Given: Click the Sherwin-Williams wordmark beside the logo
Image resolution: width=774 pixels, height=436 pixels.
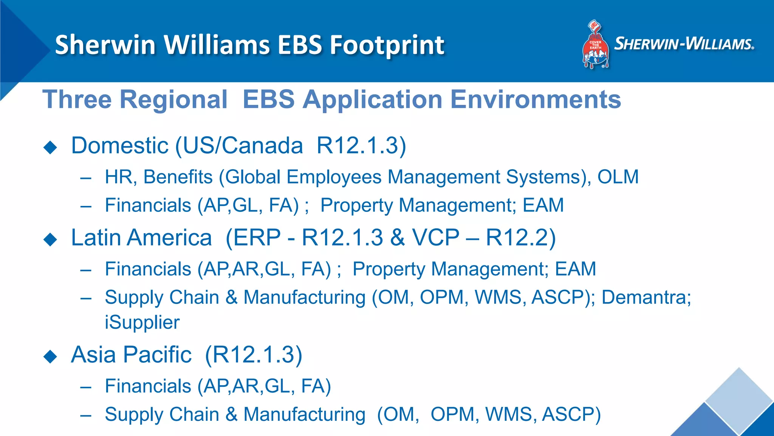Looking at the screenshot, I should pos(684,44).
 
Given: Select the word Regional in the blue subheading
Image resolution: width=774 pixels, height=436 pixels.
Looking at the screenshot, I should pos(173,100).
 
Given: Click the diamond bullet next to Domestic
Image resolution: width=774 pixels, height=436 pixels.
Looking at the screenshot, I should pos(50,147).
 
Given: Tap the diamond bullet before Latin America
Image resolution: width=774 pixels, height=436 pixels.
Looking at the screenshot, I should pos(50,239).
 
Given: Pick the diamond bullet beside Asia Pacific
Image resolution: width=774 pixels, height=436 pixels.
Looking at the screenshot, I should pos(50,356).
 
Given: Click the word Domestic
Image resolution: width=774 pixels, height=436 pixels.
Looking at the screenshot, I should pos(119,146).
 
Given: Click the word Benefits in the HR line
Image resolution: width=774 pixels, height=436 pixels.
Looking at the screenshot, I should pos(178,177).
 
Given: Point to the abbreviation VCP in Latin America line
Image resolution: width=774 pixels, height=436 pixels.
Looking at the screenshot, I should pos(435,238).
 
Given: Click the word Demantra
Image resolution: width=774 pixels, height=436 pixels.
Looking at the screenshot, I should pos(646,297).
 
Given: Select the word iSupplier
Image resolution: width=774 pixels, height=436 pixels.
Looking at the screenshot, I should pos(142,322).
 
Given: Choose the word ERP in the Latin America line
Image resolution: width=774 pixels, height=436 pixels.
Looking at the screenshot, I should pos(257,238).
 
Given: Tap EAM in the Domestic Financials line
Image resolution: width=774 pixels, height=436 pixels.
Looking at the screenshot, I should pos(543,205).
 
